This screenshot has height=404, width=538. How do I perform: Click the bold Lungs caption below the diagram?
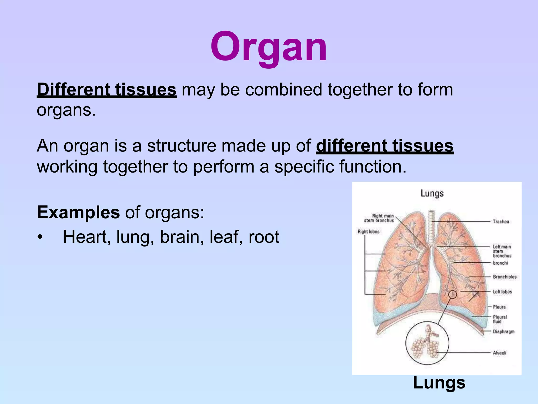pos(439,382)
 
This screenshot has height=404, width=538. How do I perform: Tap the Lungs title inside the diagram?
pos(432,193)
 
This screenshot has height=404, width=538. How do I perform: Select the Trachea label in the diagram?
pos(501,221)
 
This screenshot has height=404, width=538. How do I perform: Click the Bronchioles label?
pos(504,277)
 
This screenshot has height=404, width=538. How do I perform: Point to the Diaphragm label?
pos(503,331)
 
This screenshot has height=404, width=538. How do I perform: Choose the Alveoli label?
pos(499,353)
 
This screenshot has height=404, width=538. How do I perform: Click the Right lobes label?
pos(368,231)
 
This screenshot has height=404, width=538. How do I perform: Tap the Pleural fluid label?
pos(500,319)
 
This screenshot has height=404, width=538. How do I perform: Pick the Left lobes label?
pos(502,292)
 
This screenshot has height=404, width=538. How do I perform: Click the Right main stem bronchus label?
pos(379,218)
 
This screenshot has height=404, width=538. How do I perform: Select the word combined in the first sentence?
pos(284,89)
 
